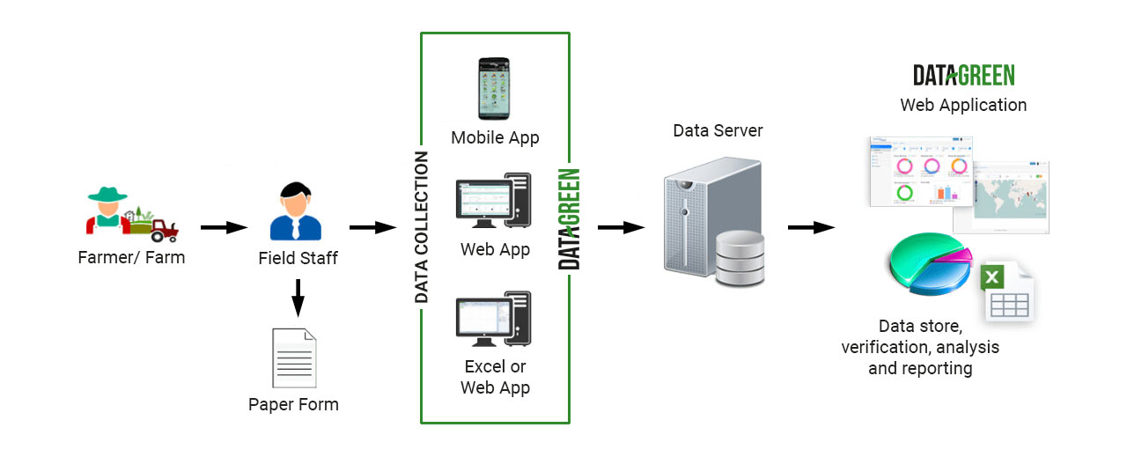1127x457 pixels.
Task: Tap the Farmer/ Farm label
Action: (x=131, y=258)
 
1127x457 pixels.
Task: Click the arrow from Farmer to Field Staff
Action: (x=224, y=228)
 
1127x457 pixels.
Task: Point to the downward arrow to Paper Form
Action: (x=298, y=298)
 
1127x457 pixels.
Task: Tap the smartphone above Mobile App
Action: (x=495, y=88)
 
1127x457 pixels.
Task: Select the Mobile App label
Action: (x=495, y=137)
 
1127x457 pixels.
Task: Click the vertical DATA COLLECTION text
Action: (x=422, y=227)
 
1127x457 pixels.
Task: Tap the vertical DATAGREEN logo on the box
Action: (x=570, y=218)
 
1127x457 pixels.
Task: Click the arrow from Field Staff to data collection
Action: (x=373, y=228)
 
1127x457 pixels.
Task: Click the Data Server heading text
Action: (x=718, y=131)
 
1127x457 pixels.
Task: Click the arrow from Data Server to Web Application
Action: (x=811, y=228)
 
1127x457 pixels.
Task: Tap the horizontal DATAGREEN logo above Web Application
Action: (x=963, y=75)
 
